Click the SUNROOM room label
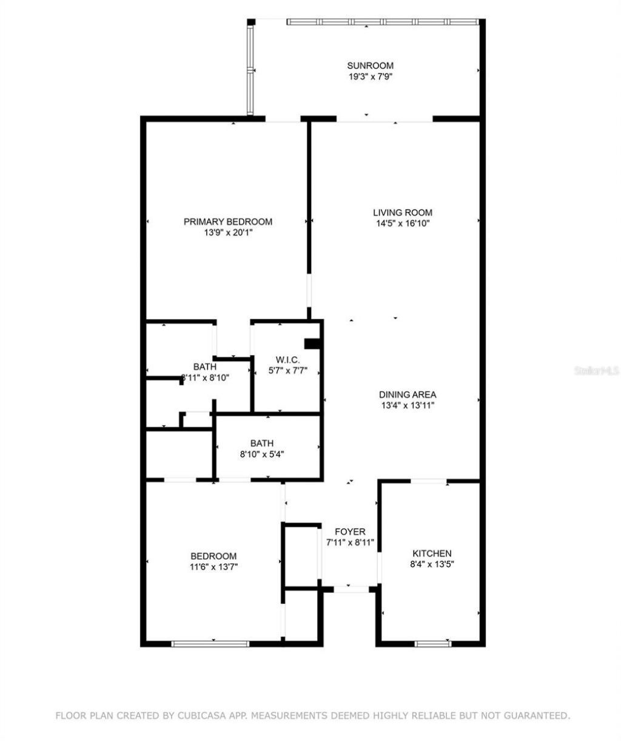coord(370,66)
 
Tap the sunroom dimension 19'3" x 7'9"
coord(370,76)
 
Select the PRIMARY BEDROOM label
coord(227,222)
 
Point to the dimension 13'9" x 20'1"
coord(227,232)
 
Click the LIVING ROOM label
coord(402,212)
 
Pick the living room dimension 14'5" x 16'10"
coord(402,223)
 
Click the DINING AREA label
coord(408,394)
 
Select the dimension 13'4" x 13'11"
coord(408,405)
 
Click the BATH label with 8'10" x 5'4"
coord(262,443)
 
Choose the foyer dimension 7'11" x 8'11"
coord(350,543)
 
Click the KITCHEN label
coord(432,553)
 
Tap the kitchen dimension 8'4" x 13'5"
coord(432,564)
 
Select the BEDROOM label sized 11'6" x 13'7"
coord(213,556)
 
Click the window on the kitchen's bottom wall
coord(432,643)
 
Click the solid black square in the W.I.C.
coord(312,344)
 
